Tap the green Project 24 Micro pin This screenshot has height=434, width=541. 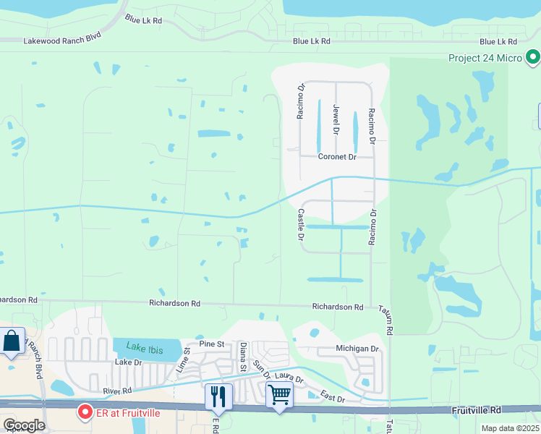[x=533, y=56]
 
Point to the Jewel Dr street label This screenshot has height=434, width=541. [x=336, y=119]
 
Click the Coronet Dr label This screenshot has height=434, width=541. [x=338, y=157]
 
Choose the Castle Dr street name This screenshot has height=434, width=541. [x=300, y=225]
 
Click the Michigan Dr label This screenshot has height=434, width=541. [x=357, y=349]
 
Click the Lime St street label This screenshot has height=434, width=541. [x=182, y=360]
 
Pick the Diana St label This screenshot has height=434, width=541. [x=243, y=357]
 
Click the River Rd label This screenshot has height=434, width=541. [x=116, y=391]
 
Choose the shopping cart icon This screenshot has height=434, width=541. [x=279, y=395]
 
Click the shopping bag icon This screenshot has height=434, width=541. [x=12, y=341]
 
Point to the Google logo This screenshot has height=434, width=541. [x=23, y=425]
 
